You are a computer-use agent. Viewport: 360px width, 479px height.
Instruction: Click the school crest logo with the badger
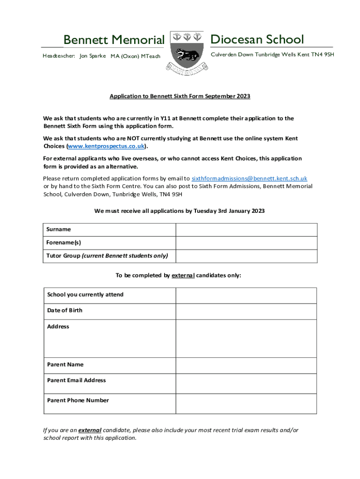pos(187,50)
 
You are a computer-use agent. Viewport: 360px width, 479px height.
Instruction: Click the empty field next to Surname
pos(246,230)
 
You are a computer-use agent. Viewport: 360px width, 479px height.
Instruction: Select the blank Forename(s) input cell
pos(246,243)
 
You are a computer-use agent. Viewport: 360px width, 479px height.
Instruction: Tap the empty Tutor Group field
pos(246,256)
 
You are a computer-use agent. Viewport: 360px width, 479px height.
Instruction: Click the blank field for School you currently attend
pos(246,295)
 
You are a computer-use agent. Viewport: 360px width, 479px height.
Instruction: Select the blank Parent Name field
pos(246,365)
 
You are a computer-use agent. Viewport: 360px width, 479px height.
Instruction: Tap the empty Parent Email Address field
pos(246,381)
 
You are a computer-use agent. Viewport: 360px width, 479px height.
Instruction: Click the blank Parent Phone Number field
pos(246,401)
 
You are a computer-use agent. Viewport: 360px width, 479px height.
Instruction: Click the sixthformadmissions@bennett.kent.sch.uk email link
pos(249,178)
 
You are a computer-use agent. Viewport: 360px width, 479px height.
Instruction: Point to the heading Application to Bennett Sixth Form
pos(180,96)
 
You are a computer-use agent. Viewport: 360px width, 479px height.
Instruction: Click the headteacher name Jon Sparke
pos(93,56)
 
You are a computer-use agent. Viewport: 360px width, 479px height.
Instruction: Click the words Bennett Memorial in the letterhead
pos(114,40)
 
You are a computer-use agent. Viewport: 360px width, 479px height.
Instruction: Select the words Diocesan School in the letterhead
pos(257,39)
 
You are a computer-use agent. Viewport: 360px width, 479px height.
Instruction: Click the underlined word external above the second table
pos(183,276)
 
